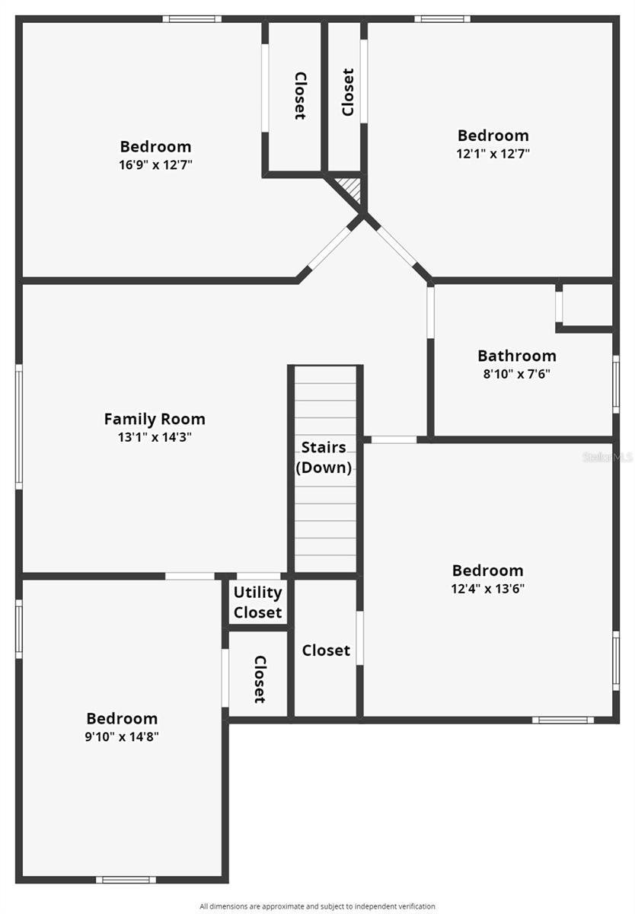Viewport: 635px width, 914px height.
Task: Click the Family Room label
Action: pos(155,419)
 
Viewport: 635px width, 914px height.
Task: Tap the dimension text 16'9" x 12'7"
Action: pos(155,165)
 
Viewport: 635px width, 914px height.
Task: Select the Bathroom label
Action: pos(517,356)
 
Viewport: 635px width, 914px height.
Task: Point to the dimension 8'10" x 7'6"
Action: pos(517,374)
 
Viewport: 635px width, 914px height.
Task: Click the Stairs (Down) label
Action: pos(324,457)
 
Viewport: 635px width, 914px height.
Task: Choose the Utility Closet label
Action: pos(258,602)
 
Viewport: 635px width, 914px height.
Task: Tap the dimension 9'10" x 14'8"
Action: pos(122,737)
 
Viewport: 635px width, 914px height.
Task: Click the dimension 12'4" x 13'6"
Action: pos(488,588)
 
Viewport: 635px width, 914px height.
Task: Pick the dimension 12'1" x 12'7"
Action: pos(493,153)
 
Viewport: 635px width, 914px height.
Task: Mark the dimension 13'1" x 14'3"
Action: pos(155,437)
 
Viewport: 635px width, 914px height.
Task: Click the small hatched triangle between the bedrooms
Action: pos(350,187)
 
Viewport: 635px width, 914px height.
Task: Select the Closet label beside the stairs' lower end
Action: pos(326,650)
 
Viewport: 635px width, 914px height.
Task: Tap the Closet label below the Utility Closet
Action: pos(259,679)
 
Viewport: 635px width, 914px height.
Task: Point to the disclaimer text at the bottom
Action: pos(317,906)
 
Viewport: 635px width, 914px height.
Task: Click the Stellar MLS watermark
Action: pos(608,457)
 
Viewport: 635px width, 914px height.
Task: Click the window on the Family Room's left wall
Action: pos(19,426)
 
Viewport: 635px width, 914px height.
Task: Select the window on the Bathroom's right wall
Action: pos(616,384)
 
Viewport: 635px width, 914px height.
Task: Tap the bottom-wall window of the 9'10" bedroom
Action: pos(126,880)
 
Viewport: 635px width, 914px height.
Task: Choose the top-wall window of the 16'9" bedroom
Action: pos(192,19)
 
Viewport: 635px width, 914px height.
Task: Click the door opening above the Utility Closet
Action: pos(259,576)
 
